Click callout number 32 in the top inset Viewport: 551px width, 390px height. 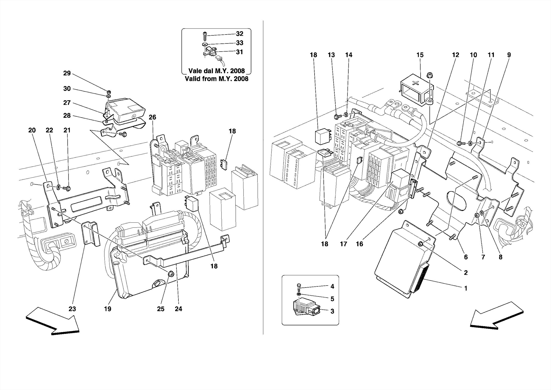pos(239,34)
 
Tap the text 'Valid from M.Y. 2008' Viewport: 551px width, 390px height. pos(216,79)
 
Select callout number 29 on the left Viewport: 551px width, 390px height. pos(67,73)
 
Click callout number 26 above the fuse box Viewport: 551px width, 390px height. pos(152,118)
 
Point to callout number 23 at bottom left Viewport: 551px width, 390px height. pos(72,309)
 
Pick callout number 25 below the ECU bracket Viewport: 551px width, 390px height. pos(161,309)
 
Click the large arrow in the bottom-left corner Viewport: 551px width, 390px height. pos(53,321)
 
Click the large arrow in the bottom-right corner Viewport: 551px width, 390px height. pos(497,316)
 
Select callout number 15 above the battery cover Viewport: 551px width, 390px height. pos(420,55)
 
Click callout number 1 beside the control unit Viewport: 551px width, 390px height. pos(466,288)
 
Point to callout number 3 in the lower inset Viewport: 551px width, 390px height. pos(332,311)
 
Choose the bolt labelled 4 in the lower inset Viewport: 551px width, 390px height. pos(298,287)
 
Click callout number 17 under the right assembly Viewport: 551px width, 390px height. pos(344,244)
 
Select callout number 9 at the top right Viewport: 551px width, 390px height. pos(509,55)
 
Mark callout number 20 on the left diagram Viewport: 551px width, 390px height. pos(32,130)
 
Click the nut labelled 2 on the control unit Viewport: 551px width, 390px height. pos(420,244)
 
